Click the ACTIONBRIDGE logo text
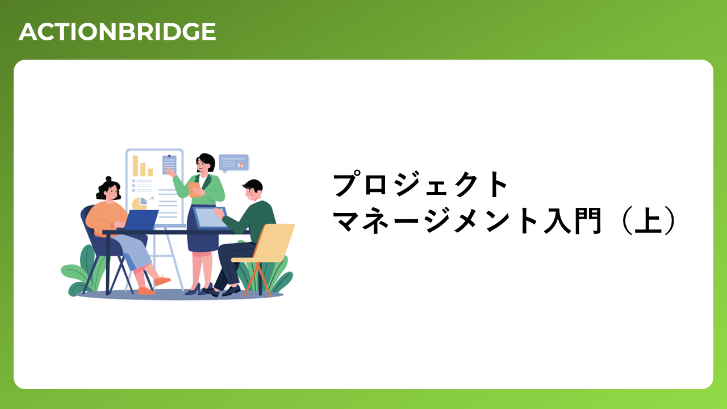pyautogui.click(x=117, y=32)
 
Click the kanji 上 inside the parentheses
pyautogui.click(x=648, y=220)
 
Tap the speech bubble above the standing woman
pyautogui.click(x=233, y=163)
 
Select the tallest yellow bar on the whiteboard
pyautogui.click(x=135, y=165)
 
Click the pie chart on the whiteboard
pyautogui.click(x=140, y=203)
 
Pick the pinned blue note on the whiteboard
pyautogui.click(x=169, y=165)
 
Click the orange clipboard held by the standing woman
pyautogui.click(x=194, y=190)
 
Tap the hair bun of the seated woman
pyautogui.click(x=108, y=179)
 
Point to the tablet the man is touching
pyautogui.click(x=210, y=218)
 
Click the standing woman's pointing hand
pyautogui.click(x=169, y=171)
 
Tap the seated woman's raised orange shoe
pyautogui.click(x=162, y=280)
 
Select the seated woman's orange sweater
pyautogui.click(x=106, y=218)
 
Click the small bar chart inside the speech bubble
pyautogui.click(x=241, y=165)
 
